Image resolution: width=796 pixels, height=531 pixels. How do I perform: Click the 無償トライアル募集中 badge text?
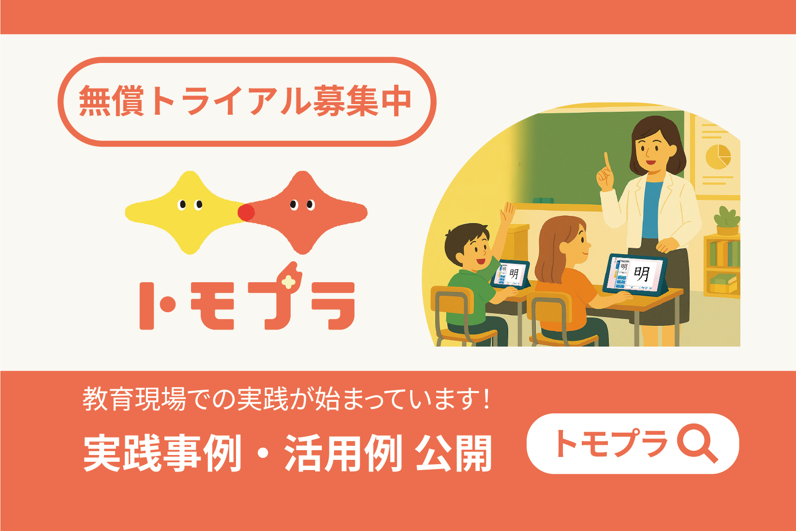click(245, 101)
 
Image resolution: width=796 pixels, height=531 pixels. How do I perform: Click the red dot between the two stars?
click(246, 212)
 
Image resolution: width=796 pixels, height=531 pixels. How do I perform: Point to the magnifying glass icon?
click(696, 444)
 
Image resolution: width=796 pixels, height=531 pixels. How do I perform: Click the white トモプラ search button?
click(632, 443)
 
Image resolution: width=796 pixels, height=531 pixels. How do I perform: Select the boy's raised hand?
click(508, 213)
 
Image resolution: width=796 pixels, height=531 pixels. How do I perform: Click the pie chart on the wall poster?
click(718, 155)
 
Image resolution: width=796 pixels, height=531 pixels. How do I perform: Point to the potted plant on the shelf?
click(727, 221)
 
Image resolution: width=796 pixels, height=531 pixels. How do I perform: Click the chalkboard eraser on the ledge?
click(543, 200)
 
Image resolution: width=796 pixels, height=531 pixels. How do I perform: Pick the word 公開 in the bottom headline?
click(453, 454)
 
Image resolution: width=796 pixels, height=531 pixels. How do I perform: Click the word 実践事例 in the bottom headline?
click(162, 454)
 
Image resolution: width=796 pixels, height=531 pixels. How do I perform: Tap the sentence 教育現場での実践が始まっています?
click(286, 399)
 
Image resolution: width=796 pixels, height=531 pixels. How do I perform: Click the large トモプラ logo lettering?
click(247, 303)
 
